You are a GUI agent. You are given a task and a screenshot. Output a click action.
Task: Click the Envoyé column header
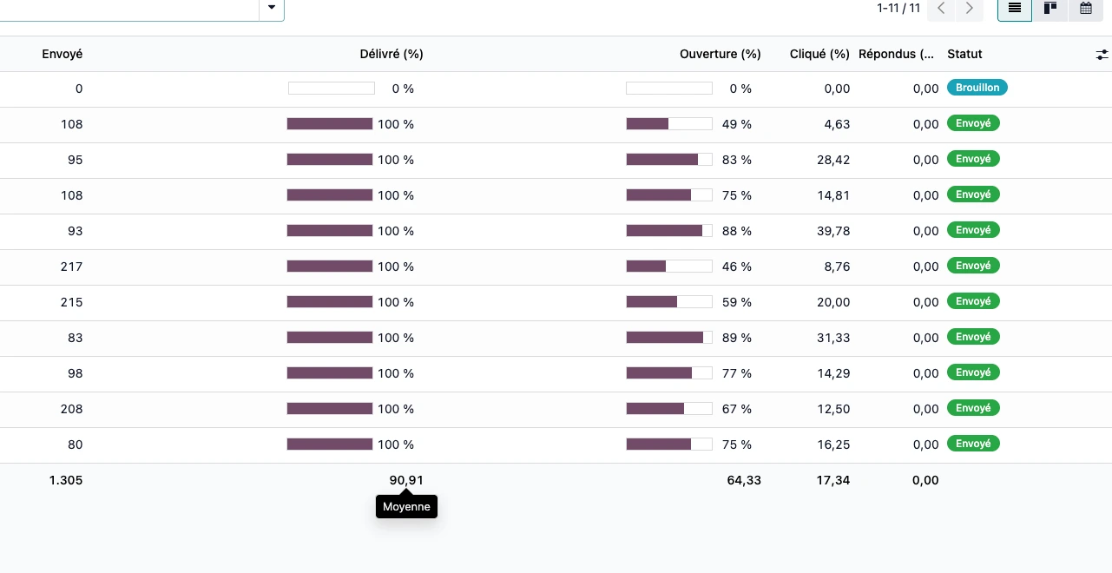click(62, 54)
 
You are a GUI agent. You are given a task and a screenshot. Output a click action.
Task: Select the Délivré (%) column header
click(392, 54)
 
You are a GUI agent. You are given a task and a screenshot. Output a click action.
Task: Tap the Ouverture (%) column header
click(720, 54)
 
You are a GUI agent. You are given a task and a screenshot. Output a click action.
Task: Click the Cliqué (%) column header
click(819, 54)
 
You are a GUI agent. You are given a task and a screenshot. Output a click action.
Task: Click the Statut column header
click(964, 54)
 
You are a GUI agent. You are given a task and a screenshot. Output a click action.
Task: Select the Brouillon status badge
click(977, 88)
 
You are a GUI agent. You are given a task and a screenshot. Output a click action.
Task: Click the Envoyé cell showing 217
click(71, 267)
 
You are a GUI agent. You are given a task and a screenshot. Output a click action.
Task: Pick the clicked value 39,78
click(833, 231)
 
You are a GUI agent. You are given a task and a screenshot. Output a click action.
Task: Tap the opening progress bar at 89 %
click(668, 338)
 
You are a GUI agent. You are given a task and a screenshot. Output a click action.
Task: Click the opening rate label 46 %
click(736, 267)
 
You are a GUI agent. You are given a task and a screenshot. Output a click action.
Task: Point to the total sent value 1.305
click(66, 480)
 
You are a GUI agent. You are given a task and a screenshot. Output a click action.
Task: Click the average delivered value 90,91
click(406, 480)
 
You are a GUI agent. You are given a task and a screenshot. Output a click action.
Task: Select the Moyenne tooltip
click(406, 507)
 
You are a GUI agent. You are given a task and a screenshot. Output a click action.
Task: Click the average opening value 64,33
click(744, 480)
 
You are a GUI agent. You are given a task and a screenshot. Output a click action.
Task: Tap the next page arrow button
click(969, 9)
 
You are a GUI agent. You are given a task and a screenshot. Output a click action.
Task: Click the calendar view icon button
click(1085, 9)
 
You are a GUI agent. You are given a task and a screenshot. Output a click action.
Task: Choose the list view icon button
click(1014, 9)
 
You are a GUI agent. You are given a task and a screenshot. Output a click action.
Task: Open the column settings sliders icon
click(1102, 54)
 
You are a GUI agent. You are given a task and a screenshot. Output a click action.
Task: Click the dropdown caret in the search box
click(272, 8)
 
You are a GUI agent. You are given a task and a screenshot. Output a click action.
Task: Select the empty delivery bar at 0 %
click(331, 89)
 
